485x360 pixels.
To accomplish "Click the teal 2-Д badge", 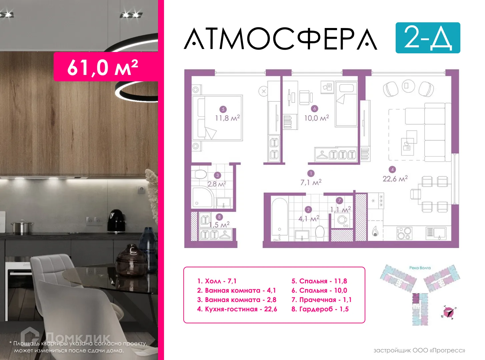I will click(x=428, y=38).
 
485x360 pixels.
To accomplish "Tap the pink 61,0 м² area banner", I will click(x=103, y=67).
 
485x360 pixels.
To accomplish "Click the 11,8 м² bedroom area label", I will click(x=227, y=118).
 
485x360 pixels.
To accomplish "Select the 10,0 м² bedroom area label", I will click(x=316, y=118).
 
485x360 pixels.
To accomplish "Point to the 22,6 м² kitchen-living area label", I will click(x=395, y=179).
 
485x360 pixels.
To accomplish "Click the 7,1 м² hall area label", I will click(x=311, y=182).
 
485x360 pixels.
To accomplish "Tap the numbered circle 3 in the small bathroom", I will click(x=218, y=175).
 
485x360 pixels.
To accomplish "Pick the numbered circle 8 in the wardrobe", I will click(x=219, y=217).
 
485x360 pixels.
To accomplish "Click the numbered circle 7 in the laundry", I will click(x=339, y=200).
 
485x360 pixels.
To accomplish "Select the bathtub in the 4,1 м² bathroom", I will click(x=279, y=219).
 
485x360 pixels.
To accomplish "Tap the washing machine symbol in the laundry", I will click(x=342, y=220).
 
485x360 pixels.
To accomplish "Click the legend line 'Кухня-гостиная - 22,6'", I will click(x=237, y=309).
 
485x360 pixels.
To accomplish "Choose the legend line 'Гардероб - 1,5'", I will click(x=320, y=309).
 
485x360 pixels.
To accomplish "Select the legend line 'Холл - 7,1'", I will click(x=217, y=281).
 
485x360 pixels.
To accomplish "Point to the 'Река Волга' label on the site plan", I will click(x=420, y=268).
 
